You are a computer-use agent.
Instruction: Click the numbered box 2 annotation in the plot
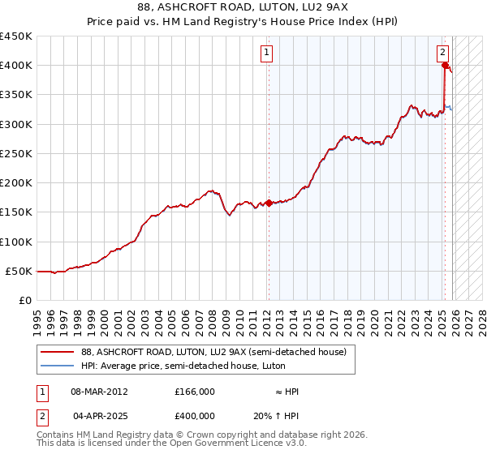click(443, 54)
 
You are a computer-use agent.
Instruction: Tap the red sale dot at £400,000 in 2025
click(445, 66)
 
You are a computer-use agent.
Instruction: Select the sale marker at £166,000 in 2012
click(269, 203)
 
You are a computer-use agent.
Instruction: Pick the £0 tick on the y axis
click(26, 300)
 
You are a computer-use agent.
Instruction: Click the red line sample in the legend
click(58, 352)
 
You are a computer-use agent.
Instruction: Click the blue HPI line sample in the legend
click(58, 366)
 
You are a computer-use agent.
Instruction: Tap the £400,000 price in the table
click(194, 416)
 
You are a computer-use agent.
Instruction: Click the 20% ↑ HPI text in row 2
click(275, 416)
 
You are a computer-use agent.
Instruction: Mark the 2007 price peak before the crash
click(211, 191)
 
